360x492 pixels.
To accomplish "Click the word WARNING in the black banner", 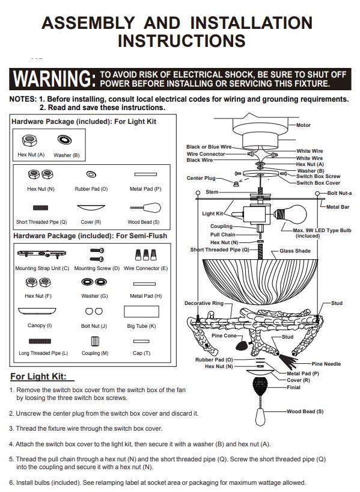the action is tap(54, 79).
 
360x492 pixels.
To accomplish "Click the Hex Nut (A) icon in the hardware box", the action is tap(29, 140).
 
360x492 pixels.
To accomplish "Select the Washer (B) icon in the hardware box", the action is tap(64, 140).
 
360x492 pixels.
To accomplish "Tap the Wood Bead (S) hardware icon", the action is tap(146, 208).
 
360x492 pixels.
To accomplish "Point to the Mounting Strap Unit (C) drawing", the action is tap(41, 254).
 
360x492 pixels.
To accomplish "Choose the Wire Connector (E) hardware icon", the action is tap(146, 254).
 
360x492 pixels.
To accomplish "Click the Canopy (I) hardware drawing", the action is tap(37, 311).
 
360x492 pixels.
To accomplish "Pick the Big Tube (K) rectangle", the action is tap(141, 312).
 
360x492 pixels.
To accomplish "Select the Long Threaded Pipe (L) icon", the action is tap(40, 341).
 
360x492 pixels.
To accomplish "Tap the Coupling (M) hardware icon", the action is tap(95, 342).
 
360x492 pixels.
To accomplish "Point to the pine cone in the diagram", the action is tap(242, 345).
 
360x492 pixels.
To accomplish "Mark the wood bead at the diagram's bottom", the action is tap(260, 416).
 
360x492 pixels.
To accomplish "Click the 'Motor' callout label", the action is tap(304, 125).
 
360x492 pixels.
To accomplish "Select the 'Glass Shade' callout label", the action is tap(295, 251).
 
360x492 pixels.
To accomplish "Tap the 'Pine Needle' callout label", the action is tap(326, 364).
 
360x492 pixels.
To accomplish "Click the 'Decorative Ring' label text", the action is tap(204, 303).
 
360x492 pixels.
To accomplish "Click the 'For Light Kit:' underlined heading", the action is tap(38, 377).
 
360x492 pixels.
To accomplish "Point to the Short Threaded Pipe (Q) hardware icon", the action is tap(41, 208).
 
